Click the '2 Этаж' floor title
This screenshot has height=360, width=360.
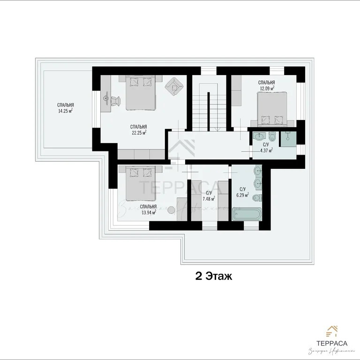[x=213, y=276]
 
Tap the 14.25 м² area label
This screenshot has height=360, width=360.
[x=66, y=111]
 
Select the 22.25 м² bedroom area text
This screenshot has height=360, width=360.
[x=139, y=132]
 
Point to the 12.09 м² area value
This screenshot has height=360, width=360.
[x=266, y=87]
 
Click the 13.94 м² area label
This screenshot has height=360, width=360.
[x=148, y=212]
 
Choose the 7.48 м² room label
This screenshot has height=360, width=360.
[x=209, y=199]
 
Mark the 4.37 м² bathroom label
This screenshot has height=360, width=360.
[x=266, y=150]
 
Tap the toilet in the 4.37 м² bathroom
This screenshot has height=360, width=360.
[x=271, y=136]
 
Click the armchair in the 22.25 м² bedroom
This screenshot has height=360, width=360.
[x=174, y=85]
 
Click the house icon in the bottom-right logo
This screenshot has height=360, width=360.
[x=332, y=330]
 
